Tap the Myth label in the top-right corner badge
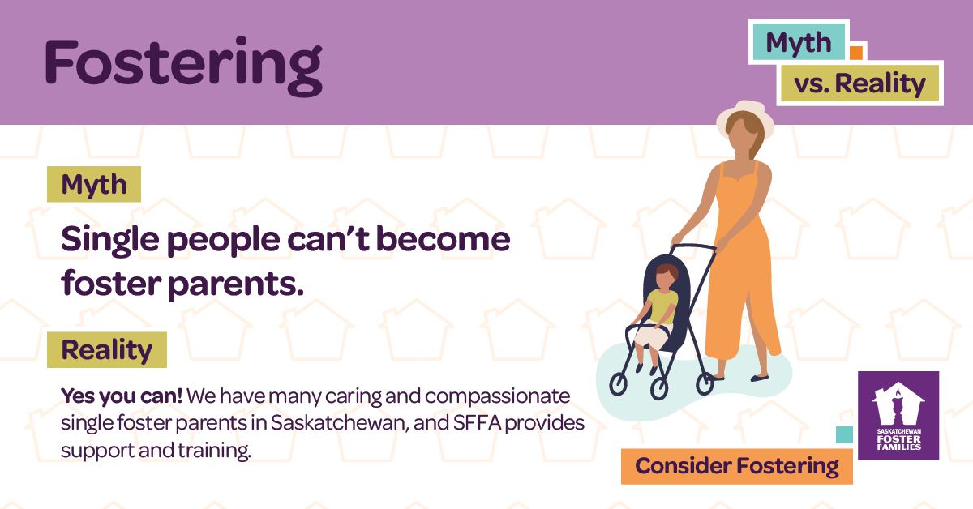(799, 42)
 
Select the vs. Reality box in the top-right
(859, 83)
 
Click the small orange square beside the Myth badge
(855, 53)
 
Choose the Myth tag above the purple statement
(94, 185)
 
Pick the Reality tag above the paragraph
(106, 350)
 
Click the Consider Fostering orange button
(736, 466)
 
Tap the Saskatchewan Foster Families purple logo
(898, 416)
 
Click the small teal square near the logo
(844, 435)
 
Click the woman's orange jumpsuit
(738, 267)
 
